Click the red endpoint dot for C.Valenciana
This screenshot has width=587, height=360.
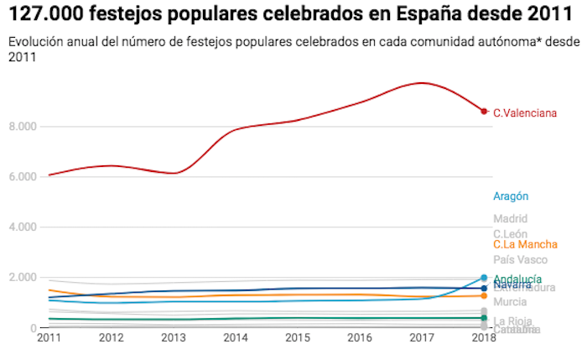click(484, 111)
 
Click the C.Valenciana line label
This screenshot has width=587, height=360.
click(525, 112)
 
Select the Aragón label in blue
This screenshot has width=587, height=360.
click(511, 196)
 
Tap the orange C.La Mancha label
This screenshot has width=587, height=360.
click(526, 244)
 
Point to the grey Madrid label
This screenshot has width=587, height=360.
click(510, 219)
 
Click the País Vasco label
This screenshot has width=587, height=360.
click(521, 260)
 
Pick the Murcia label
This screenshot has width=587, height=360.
click(510, 301)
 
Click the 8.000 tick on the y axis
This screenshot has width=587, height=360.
click(25, 127)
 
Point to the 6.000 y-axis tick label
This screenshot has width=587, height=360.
click(25, 177)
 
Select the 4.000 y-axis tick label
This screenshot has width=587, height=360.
click(25, 227)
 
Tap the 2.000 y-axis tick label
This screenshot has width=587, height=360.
click(25, 278)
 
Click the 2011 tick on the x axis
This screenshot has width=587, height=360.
click(49, 337)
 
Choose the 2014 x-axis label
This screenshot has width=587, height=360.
click(236, 337)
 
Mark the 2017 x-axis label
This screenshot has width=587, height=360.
click(422, 337)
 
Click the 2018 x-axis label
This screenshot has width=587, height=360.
click(484, 337)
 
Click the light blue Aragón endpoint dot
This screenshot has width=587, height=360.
click(484, 278)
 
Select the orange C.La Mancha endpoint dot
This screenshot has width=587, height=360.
click(484, 295)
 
